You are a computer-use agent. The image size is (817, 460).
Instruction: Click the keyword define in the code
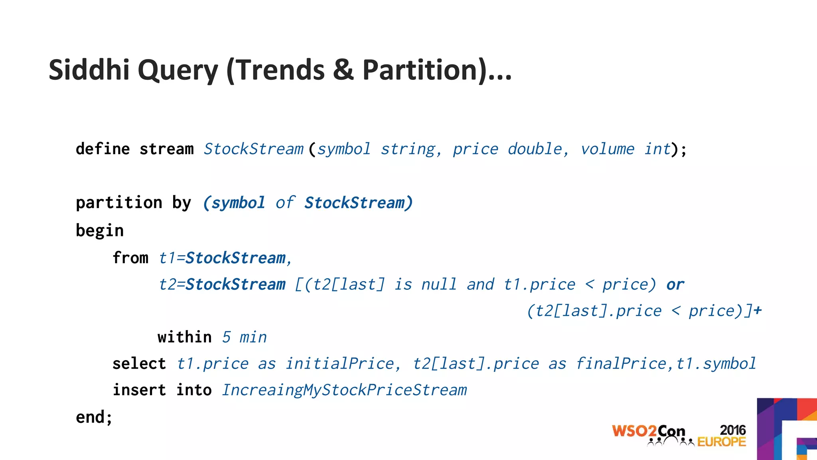pyautogui.click(x=103, y=149)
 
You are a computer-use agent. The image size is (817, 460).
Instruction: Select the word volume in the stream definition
pyautogui.click(x=607, y=149)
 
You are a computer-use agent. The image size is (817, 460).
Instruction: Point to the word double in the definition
pyautogui.click(x=535, y=149)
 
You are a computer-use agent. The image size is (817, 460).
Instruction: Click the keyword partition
pyautogui.click(x=119, y=202)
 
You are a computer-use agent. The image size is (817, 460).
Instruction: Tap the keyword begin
pyautogui.click(x=100, y=230)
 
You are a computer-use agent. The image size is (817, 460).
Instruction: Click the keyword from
pyautogui.click(x=130, y=258)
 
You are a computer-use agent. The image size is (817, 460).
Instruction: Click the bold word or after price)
pyautogui.click(x=675, y=285)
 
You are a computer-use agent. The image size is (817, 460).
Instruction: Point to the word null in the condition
pyautogui.click(x=439, y=285)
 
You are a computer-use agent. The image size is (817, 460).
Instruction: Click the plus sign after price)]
pyautogui.click(x=758, y=310)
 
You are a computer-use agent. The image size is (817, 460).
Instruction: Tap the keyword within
pyautogui.click(x=184, y=337)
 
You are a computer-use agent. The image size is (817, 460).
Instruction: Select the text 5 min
pyautogui.click(x=244, y=337)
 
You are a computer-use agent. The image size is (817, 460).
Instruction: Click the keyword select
pyautogui.click(x=139, y=363)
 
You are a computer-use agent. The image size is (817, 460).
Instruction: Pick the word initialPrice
pyautogui.click(x=339, y=363)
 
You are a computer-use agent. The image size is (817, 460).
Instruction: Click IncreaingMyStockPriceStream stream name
pyautogui.click(x=344, y=390)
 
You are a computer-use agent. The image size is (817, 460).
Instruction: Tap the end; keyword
pyautogui.click(x=94, y=417)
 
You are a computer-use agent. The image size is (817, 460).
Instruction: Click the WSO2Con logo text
pyautogui.click(x=648, y=432)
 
